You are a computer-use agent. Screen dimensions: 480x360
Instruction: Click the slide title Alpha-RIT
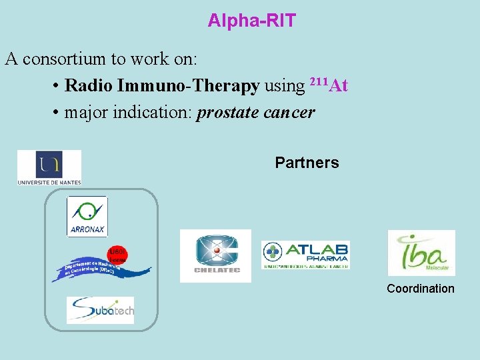pos(251,21)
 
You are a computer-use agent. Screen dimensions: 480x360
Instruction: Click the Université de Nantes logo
pos(49,167)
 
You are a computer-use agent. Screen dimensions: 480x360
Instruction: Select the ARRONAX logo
pos(87,217)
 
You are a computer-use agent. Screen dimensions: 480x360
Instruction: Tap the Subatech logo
pos(100,310)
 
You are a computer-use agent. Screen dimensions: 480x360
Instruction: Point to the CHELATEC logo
pos(215,255)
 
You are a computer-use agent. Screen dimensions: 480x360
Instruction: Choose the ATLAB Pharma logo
pos(305,255)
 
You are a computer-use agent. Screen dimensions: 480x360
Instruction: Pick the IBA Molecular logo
pos(421,253)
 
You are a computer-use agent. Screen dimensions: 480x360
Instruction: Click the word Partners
pos(307,163)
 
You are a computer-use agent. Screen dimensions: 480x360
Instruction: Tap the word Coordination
pos(421,289)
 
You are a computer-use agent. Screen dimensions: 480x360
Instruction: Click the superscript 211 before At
pos(318,82)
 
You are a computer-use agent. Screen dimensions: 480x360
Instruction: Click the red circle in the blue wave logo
pos(117,254)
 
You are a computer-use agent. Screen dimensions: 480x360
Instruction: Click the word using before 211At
pos(285,86)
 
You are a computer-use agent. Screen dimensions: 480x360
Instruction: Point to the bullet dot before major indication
pos(55,113)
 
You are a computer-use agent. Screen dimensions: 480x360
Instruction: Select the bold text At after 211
pos(339,86)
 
